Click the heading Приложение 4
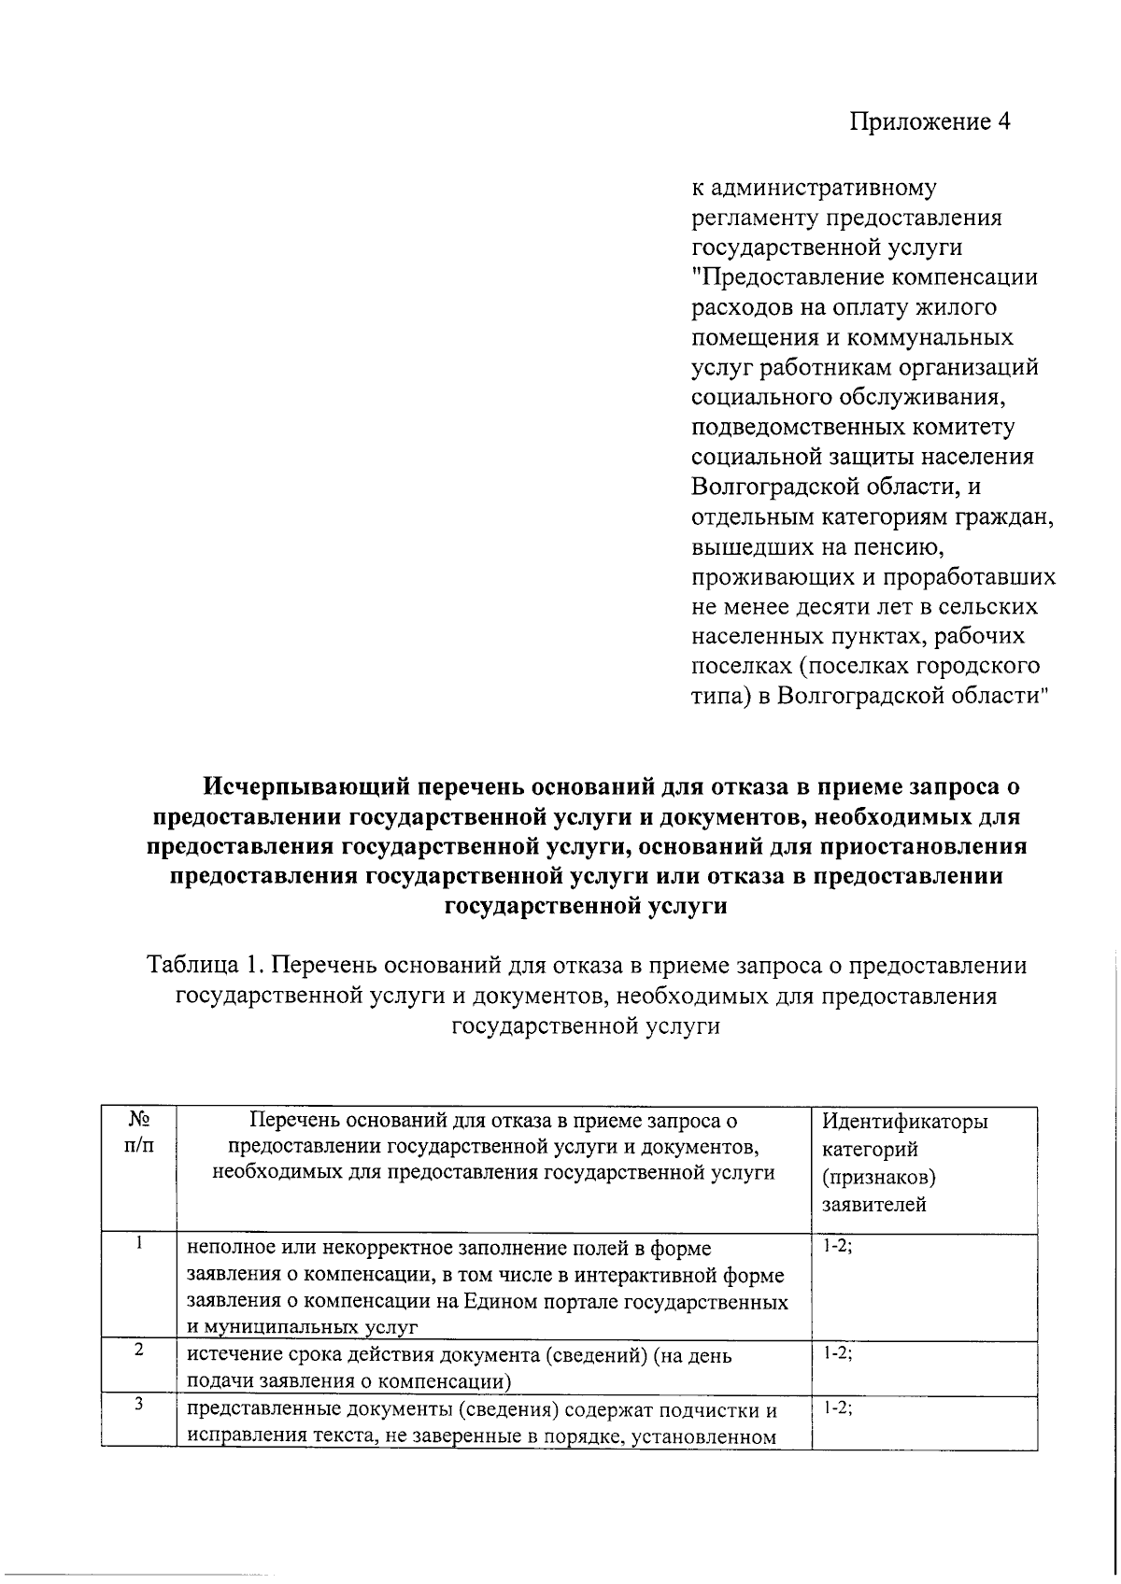coord(929,122)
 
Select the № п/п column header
coord(138,1132)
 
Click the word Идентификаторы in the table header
coord(904,1122)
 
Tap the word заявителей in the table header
coord(873,1205)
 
